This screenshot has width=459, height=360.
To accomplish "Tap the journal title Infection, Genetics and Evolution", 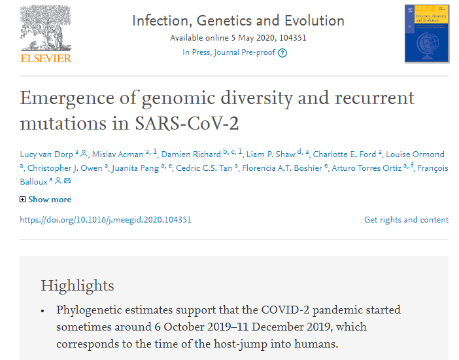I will click(x=238, y=20).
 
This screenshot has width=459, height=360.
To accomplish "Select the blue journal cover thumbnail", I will click(x=426, y=33).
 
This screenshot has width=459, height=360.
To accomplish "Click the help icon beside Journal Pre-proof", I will click(x=282, y=53).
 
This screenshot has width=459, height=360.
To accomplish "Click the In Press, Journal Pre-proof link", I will click(x=229, y=52).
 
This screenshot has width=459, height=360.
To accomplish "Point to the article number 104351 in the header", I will click(x=292, y=37).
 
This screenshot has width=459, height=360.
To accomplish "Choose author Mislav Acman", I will click(x=118, y=154).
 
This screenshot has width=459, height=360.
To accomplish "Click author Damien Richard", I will click(x=191, y=154).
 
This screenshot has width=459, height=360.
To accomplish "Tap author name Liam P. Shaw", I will click(x=272, y=154).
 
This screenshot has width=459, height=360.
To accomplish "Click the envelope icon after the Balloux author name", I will click(x=67, y=181).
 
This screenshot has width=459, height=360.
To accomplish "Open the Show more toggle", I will click(x=46, y=200).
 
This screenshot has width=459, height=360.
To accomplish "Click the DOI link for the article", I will click(x=105, y=220).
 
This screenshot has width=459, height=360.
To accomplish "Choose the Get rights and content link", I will click(x=406, y=220).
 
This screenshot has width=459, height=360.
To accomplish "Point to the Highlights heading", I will click(x=77, y=285).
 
